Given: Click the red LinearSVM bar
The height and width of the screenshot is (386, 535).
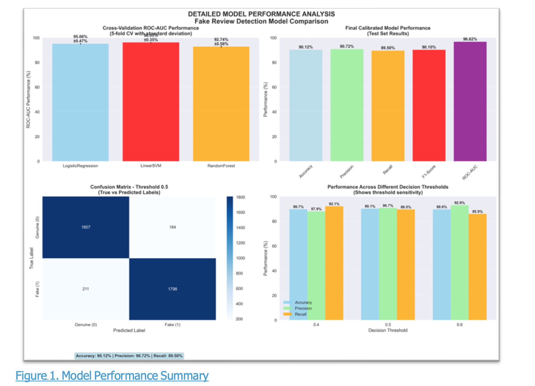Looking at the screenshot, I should click(151, 102).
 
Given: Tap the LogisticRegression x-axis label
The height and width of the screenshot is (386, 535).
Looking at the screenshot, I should click(80, 166).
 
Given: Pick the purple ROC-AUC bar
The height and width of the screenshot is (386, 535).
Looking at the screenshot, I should click(470, 101).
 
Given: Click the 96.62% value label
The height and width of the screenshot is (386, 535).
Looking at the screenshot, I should click(470, 39).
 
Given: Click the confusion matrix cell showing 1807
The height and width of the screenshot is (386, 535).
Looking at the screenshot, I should click(86, 227).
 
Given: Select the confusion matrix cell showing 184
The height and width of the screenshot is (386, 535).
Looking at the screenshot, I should click(172, 227).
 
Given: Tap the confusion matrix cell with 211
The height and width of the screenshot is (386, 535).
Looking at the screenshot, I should click(86, 289).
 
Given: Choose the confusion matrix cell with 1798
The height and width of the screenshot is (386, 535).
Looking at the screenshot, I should click(172, 289).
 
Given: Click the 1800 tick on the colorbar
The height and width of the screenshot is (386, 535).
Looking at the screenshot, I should click(240, 197).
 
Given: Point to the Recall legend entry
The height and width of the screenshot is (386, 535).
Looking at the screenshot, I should click(300, 314).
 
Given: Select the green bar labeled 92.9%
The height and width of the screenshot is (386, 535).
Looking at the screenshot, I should click(459, 262).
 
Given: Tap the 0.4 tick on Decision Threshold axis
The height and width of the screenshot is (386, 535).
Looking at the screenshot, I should click(316, 325).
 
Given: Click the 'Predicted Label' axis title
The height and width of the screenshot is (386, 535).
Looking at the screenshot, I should click(129, 330).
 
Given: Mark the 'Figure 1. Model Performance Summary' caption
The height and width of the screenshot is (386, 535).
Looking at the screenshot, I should click(112, 376).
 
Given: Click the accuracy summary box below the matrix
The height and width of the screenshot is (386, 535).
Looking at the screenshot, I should click(129, 356).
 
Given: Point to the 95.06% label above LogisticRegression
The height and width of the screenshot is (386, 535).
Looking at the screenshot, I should click(80, 37).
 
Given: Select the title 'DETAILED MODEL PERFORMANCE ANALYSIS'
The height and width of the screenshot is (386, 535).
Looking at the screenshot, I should click(261, 14).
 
